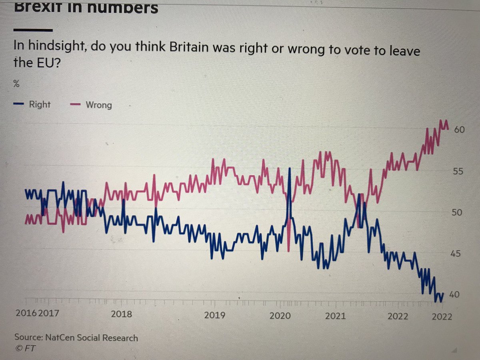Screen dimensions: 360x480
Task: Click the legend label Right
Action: tap(40, 104)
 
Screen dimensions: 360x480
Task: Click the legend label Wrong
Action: tap(99, 105)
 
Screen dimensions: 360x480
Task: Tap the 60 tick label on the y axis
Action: tap(458, 130)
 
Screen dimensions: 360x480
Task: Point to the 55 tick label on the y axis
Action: tap(458, 171)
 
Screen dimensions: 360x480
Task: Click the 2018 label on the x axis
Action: tap(121, 314)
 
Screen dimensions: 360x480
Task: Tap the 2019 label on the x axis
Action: tap(214, 315)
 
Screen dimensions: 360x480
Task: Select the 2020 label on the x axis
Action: tap(280, 316)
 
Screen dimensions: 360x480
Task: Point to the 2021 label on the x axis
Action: tap(335, 316)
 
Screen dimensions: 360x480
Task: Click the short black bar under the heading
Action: tap(33, 30)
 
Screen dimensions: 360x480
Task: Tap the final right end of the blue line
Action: tap(443, 293)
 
